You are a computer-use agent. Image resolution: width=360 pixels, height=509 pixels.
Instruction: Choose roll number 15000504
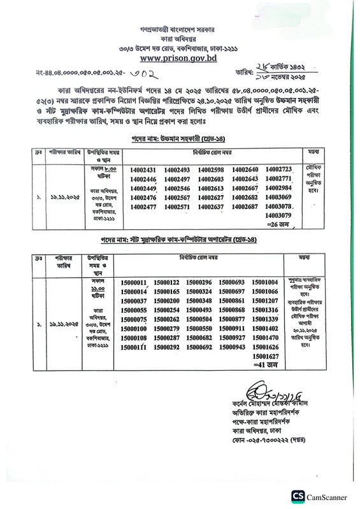click(198, 319)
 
